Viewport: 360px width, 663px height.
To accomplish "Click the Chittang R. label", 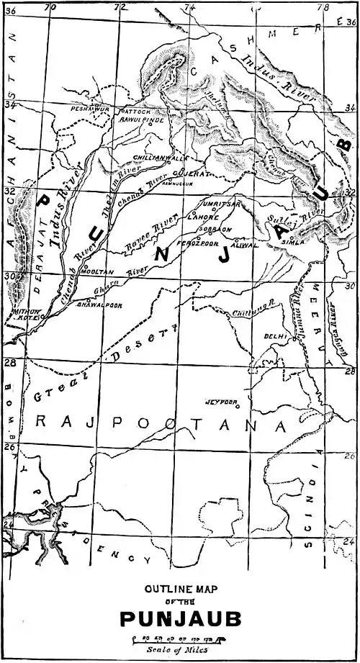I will [241, 312].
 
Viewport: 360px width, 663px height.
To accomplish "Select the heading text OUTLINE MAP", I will [180, 587].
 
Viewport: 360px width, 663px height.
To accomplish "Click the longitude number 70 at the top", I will [50, 6].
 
